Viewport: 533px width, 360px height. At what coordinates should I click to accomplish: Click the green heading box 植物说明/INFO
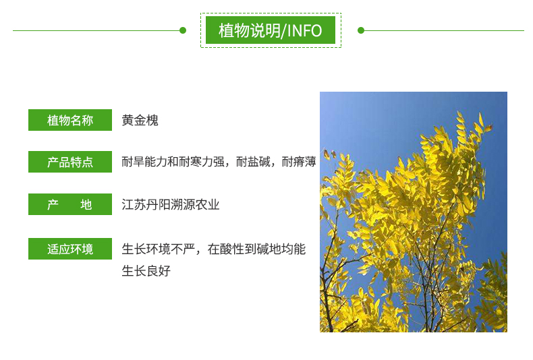tap(271, 30)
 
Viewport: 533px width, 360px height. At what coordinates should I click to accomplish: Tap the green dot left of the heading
tap(183, 30)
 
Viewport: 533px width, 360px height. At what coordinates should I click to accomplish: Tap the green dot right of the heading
tap(361, 30)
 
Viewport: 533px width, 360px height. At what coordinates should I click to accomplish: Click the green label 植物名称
tap(70, 120)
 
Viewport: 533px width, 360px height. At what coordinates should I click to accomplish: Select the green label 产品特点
tap(70, 162)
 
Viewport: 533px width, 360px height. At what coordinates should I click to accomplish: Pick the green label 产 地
tap(70, 204)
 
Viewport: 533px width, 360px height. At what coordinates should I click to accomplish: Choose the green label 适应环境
tap(70, 249)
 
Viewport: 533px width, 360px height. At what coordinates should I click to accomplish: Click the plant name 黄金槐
tap(140, 120)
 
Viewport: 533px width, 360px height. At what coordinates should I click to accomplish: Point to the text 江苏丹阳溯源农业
tap(171, 204)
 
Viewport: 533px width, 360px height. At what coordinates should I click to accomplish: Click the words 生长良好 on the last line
tap(146, 271)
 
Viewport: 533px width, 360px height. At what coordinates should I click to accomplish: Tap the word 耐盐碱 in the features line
tap(253, 162)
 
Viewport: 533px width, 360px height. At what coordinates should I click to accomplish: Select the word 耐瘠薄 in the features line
tap(299, 162)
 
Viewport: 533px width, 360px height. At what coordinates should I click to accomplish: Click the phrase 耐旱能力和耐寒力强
tap(173, 162)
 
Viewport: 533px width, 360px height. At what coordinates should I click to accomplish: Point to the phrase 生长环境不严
tap(159, 249)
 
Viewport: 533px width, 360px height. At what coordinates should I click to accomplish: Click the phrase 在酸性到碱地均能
tap(256, 249)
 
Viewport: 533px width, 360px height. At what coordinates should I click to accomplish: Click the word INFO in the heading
tap(304, 30)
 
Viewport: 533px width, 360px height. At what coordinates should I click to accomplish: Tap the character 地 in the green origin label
tap(86, 204)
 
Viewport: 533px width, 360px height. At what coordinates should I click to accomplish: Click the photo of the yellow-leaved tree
tap(414, 212)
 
